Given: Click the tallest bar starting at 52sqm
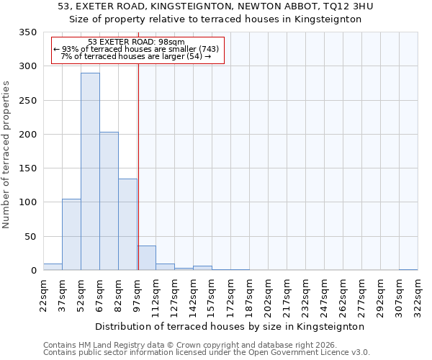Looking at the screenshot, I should coord(90,171).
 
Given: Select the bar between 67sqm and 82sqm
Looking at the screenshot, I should coord(109,201).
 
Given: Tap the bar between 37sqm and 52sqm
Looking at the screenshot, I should coord(71,235).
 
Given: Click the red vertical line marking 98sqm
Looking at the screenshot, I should coord(138,166).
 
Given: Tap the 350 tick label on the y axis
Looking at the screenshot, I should coord(27,32).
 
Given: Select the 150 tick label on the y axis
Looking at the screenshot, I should coord(27,168).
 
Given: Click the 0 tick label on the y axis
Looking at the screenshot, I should coord(33,271).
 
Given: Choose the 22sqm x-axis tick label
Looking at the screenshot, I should coord(44,294).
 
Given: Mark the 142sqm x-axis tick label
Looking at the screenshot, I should coord(193,294).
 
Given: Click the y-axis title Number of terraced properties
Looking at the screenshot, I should coord(7,155).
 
